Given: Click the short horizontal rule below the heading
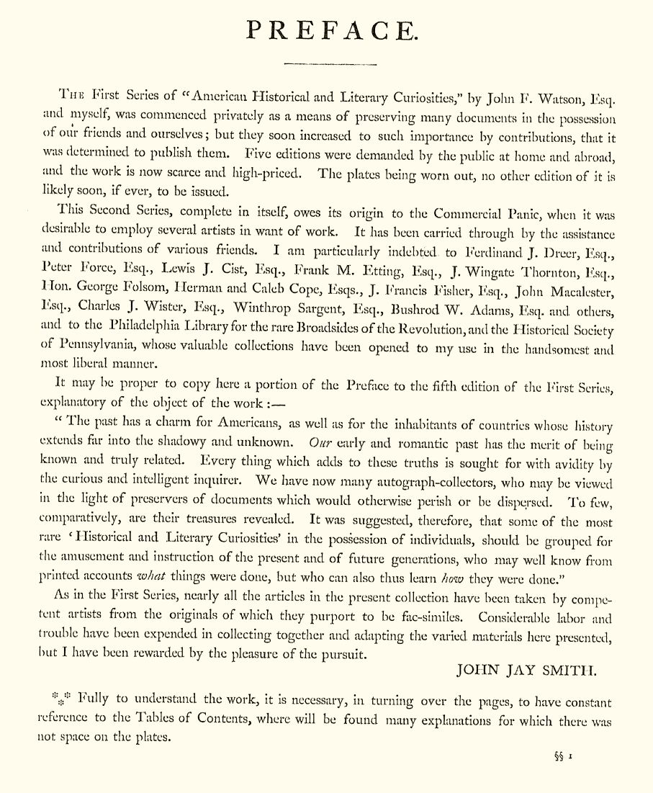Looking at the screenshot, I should [330, 64].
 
